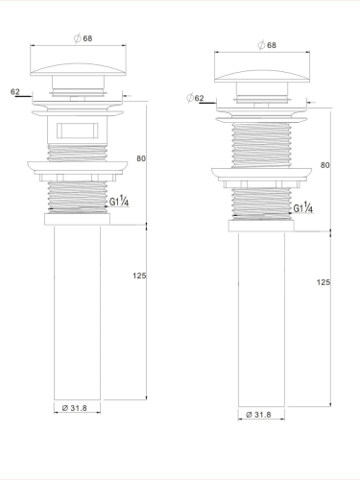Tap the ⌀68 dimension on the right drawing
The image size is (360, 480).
[x=267, y=45]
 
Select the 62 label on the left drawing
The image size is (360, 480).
[x=15, y=91]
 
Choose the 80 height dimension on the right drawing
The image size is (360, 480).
[x=325, y=165]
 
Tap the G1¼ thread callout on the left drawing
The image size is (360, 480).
[x=120, y=202]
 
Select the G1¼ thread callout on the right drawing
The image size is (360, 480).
[x=302, y=207]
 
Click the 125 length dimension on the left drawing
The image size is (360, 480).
[x=138, y=276]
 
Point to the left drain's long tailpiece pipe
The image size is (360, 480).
[x=77, y=307]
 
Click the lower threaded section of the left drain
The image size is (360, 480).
[x=78, y=198]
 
